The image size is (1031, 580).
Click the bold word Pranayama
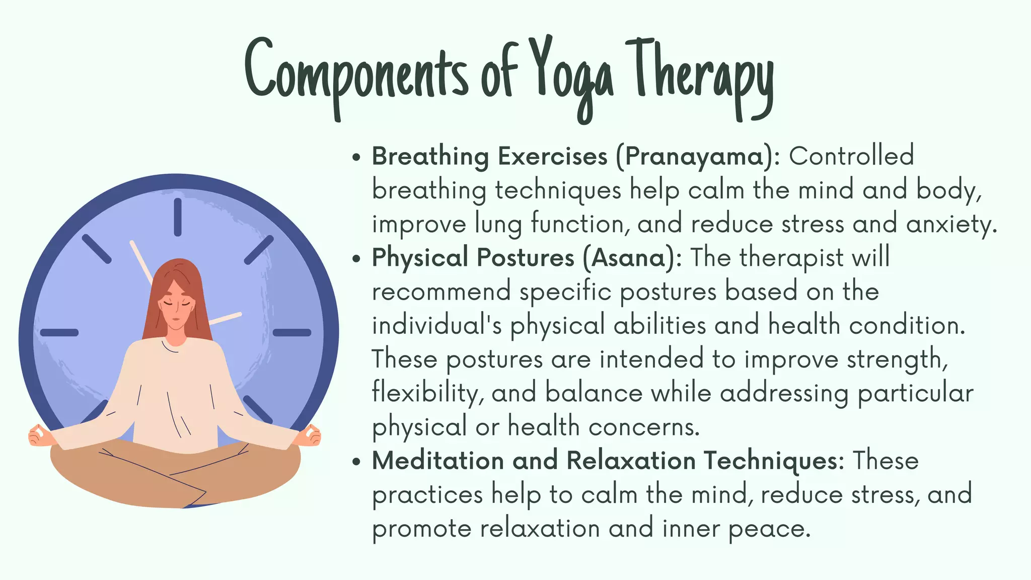pos(694,157)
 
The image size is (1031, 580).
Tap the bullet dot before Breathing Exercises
pos(357,157)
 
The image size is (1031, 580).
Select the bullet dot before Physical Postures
pos(357,259)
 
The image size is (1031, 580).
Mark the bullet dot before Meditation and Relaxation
pos(357,462)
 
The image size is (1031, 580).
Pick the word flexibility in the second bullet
pos(428,394)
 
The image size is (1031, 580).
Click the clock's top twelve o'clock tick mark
pos(178,217)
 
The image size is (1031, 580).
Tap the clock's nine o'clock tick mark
pos(59,332)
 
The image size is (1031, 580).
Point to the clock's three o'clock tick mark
pos(292,332)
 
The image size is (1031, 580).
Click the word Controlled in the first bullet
pos(851,156)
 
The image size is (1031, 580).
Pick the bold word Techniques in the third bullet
pos(773,461)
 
